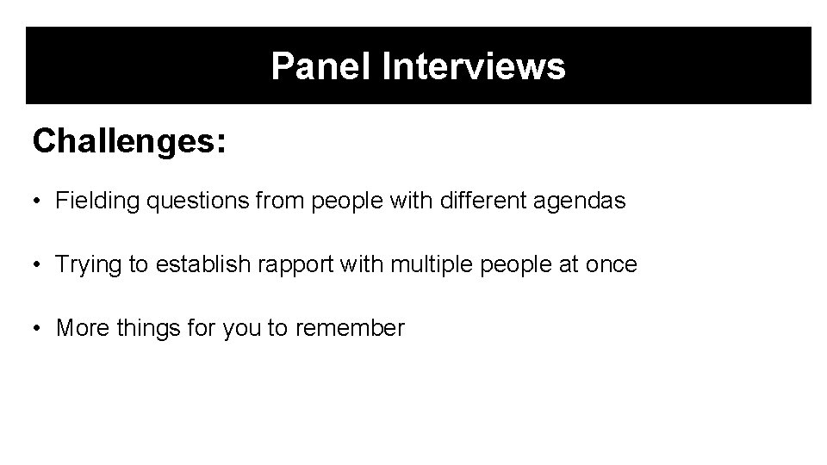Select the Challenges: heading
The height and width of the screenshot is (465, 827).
(129, 141)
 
